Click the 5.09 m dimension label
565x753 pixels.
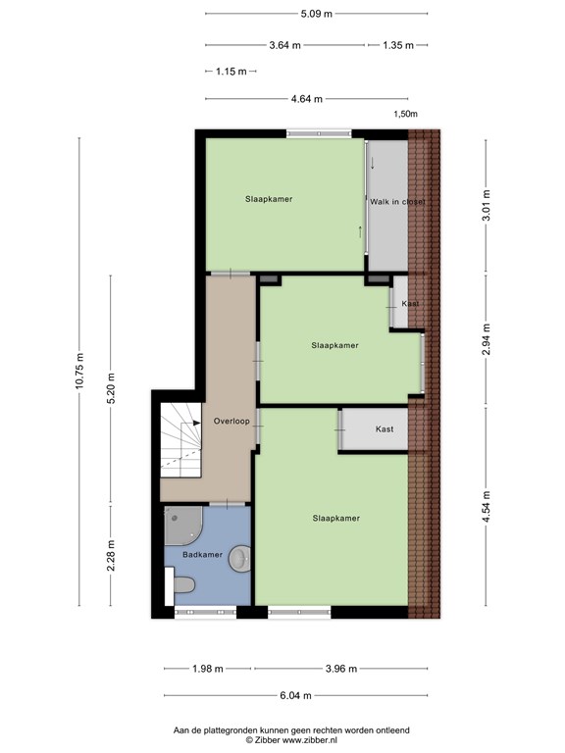pos(317,14)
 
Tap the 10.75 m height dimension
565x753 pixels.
pos(79,372)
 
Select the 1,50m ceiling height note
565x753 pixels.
pos(405,114)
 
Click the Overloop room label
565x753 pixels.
pos(231,422)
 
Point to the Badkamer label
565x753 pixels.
pos(202,555)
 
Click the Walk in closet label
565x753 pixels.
pos(397,202)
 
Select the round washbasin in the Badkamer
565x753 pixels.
pos(239,559)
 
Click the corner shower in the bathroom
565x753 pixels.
pos(183,526)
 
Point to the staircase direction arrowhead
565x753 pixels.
pos(197,424)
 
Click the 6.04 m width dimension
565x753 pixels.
pos(295,695)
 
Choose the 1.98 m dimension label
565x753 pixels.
pos(208,669)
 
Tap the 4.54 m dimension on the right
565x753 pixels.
pos(487,507)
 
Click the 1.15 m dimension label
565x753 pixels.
pos(231,72)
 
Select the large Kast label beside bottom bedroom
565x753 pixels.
pos(385,429)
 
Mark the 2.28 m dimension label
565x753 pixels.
pos(111,556)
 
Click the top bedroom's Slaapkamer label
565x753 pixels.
pos(269,199)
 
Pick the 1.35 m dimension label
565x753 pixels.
pos(398,45)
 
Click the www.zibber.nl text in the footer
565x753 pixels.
pos(309,740)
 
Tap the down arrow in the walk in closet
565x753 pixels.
pos(373,163)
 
